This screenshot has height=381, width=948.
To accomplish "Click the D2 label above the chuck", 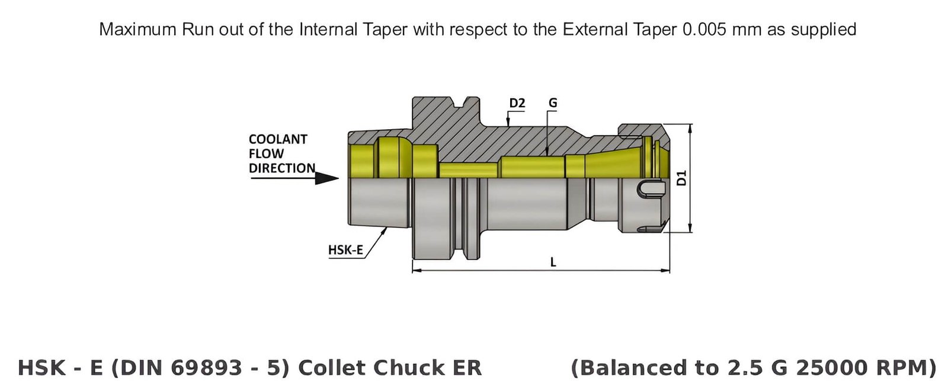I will [x=517, y=103].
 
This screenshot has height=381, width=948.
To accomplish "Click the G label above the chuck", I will [x=552, y=103].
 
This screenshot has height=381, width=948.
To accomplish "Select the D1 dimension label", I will [x=682, y=178].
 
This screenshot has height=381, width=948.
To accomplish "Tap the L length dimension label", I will [x=553, y=262].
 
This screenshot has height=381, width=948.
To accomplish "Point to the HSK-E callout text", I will [x=345, y=250].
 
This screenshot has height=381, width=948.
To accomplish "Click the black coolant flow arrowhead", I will [x=326, y=178].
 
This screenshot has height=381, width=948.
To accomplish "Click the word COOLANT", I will [x=278, y=139].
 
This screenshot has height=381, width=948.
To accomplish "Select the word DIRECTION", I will [x=281, y=168].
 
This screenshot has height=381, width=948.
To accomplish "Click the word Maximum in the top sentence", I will [x=138, y=29].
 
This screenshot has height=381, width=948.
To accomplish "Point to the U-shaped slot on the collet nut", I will [x=648, y=188].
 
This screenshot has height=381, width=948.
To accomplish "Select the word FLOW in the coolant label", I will [x=266, y=154].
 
